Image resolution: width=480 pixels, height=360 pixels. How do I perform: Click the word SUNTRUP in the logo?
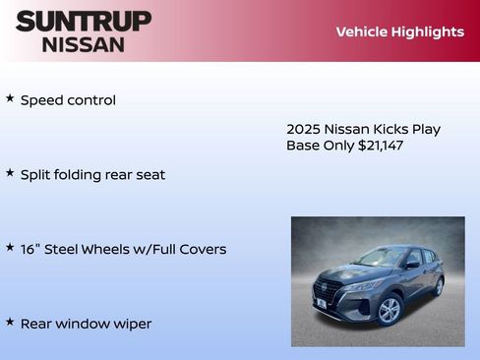point(84,21)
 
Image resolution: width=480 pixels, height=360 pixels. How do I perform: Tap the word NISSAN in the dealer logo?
point(84,43)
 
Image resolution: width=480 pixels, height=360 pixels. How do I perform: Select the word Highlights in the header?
point(428,31)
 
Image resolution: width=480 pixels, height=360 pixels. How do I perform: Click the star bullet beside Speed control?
point(10,98)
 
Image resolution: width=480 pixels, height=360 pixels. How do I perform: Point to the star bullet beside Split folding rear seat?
point(10,173)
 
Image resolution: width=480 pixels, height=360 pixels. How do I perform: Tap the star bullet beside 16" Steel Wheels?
point(10,248)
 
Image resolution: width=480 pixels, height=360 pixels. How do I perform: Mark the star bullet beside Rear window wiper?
point(10,322)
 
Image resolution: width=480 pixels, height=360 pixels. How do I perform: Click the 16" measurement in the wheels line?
point(30,249)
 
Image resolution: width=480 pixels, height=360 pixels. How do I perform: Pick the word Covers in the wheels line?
point(203,249)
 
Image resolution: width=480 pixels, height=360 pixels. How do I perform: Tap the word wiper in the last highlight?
point(132,324)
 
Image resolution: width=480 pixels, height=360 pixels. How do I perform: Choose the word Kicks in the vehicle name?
point(391,129)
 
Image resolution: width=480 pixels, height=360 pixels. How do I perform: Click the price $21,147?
point(381,146)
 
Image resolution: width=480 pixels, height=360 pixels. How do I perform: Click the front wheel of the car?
point(390,310)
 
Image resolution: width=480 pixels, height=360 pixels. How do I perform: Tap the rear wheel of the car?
point(438,286)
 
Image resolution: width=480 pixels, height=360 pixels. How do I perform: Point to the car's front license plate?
point(321,304)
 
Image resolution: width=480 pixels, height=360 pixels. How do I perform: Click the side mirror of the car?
point(412,265)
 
